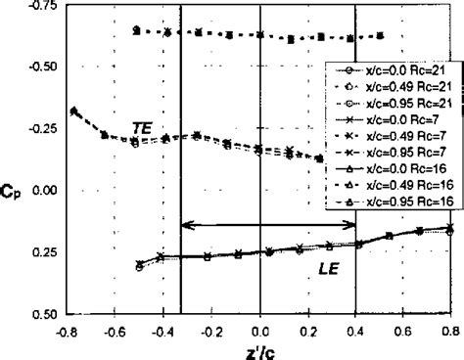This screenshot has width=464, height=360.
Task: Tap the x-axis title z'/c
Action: click(x=258, y=349)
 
